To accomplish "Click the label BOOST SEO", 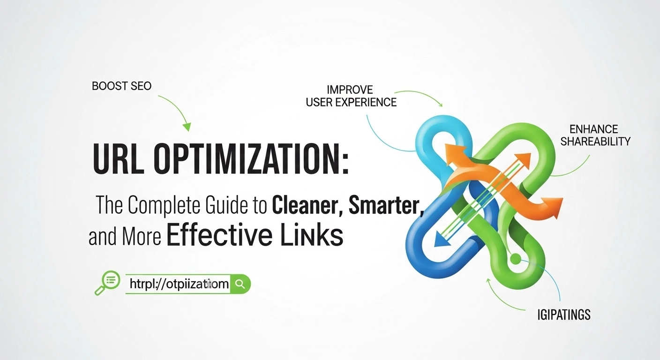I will point(121,87).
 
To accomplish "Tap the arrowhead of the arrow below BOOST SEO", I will point(187,126).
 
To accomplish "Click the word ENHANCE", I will point(593,129).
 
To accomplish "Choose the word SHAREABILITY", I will point(595,141).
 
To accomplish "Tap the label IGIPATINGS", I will point(563,315).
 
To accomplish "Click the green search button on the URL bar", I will point(240,284).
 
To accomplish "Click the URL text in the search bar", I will point(179,284).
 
